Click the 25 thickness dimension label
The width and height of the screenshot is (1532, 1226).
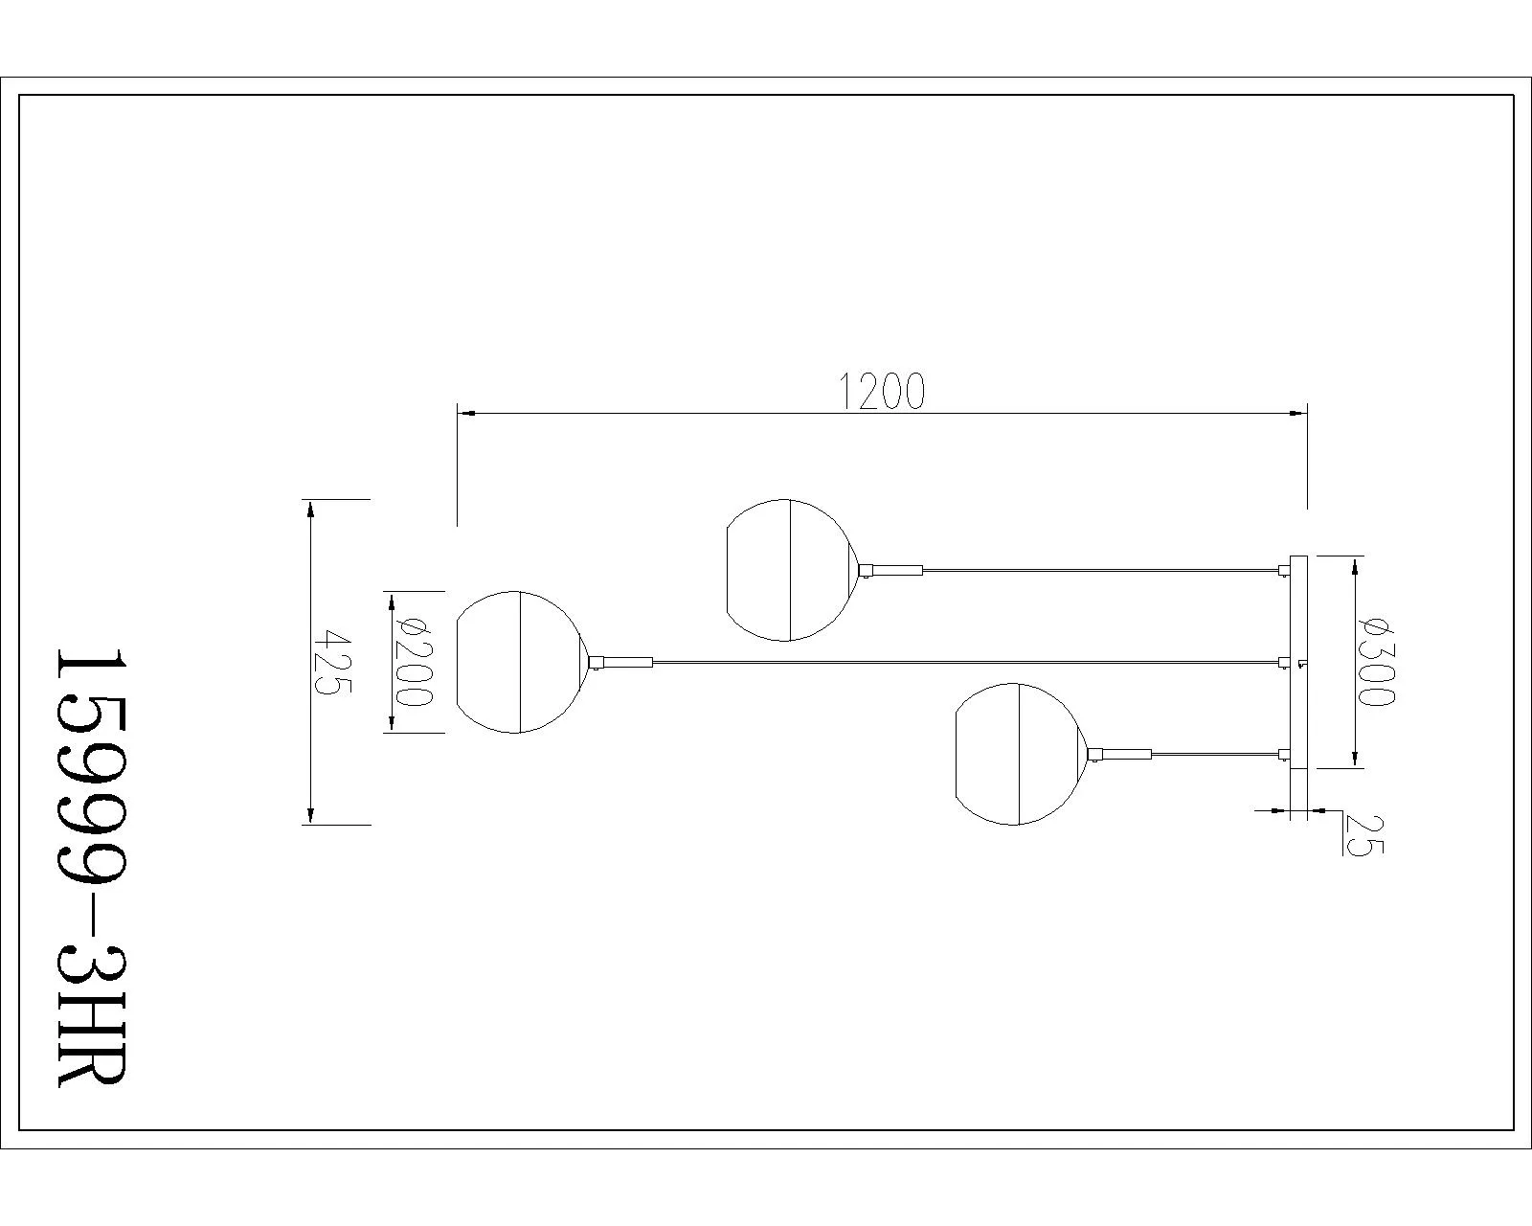(1363, 834)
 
